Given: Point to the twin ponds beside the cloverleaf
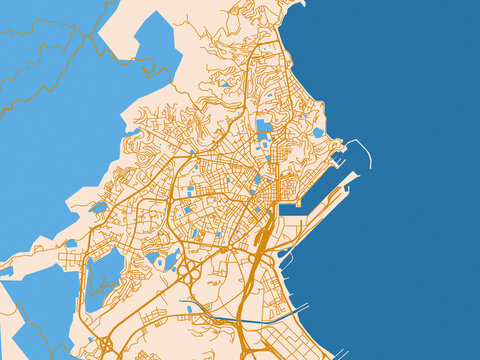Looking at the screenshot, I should [x=163, y=261].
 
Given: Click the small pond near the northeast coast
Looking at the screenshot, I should [x=318, y=132].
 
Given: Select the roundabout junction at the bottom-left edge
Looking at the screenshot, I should [x=105, y=345].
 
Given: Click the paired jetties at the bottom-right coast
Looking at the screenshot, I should [x=340, y=352].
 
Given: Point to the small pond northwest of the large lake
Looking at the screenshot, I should [x=71, y=243].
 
